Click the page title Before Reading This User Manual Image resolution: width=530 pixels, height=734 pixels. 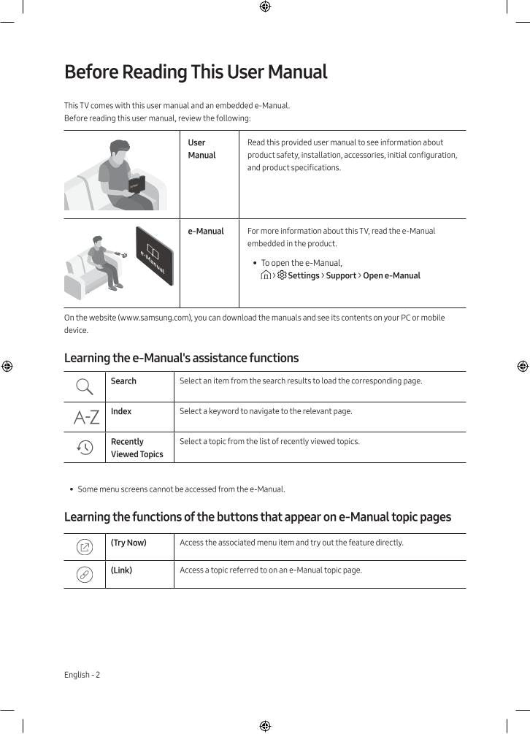(x=196, y=72)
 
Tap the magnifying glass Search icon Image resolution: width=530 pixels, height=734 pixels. (x=85, y=386)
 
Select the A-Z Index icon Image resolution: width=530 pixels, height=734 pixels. (x=86, y=417)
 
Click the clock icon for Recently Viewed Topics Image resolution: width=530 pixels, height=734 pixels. (x=85, y=448)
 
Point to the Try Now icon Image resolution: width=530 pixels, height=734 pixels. (x=85, y=547)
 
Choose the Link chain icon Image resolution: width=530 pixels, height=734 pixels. (x=85, y=575)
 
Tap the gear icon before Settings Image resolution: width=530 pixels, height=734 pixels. (x=282, y=275)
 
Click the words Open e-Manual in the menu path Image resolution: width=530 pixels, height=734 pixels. (x=391, y=275)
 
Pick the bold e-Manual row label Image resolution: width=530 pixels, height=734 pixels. (x=206, y=231)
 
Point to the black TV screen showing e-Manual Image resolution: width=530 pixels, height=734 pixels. (x=154, y=256)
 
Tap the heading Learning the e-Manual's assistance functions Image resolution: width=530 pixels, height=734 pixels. (x=181, y=358)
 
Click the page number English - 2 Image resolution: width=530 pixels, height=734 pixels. (x=82, y=675)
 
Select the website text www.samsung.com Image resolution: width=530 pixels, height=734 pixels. (x=154, y=318)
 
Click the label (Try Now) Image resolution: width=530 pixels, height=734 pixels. (x=128, y=543)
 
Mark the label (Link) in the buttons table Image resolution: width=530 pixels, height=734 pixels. (x=121, y=570)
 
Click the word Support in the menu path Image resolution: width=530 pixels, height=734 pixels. (x=341, y=275)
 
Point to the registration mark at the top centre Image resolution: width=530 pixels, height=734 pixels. (x=265, y=7)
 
